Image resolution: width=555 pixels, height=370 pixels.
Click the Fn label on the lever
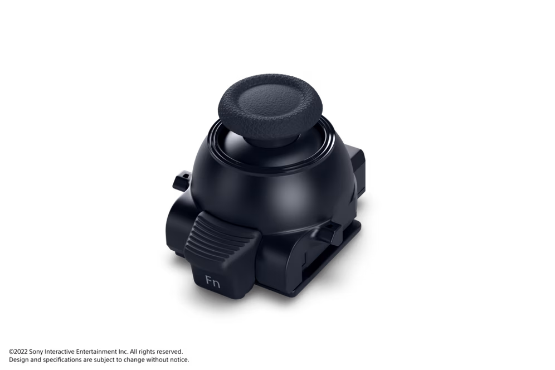(213, 282)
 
